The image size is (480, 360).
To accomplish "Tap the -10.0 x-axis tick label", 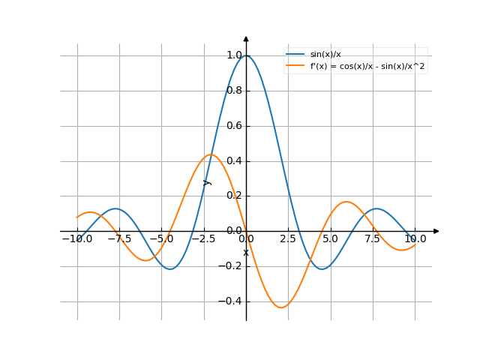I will (77, 239).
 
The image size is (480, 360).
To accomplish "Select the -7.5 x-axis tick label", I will (119, 239).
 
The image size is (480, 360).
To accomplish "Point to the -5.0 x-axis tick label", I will (161, 239).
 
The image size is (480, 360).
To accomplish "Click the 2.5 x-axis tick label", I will (289, 239).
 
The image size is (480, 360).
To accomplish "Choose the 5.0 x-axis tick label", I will (331, 239).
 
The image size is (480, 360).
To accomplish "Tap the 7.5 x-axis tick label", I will (373, 239).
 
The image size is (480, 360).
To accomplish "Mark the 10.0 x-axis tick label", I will (415, 239).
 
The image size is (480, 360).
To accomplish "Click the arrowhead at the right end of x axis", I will (436, 231).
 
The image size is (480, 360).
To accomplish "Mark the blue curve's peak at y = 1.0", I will (246, 55).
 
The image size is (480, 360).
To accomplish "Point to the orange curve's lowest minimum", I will (281, 307).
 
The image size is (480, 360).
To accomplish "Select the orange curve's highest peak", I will (211, 154).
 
